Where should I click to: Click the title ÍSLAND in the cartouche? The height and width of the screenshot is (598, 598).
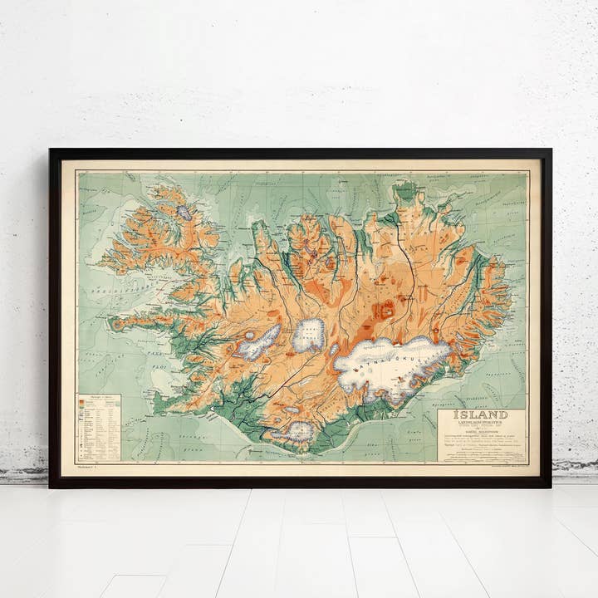click(x=481, y=414)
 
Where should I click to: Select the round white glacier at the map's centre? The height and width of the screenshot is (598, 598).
click(x=308, y=336)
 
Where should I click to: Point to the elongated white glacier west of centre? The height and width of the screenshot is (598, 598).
click(x=259, y=341)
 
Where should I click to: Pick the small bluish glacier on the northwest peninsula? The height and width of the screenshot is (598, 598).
click(x=184, y=212)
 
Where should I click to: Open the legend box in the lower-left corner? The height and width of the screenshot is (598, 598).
click(x=98, y=428)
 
